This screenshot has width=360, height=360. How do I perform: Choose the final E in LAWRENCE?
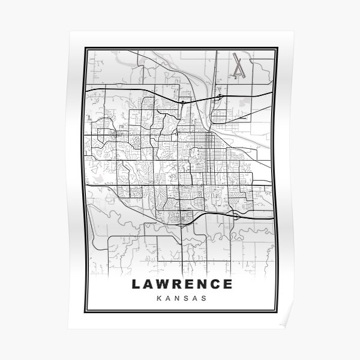(226, 283)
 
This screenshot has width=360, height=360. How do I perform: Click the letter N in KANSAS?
(176, 298)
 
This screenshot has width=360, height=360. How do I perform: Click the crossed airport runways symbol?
(239, 65)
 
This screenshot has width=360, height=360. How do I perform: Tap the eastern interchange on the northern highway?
(221, 96)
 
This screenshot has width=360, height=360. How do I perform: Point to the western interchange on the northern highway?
(183, 102)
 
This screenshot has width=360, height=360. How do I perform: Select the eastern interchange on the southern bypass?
(238, 214)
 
